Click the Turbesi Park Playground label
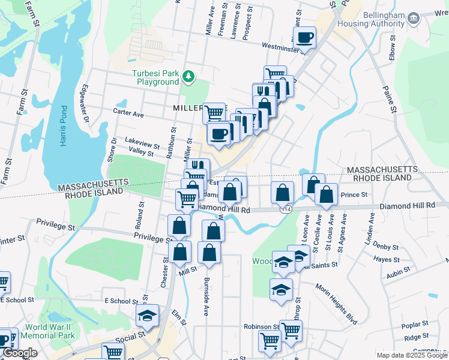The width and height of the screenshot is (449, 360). [x=155, y=77]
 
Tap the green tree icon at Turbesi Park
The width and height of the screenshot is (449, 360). [x=189, y=76]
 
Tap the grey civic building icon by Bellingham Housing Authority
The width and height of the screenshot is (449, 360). [x=413, y=18]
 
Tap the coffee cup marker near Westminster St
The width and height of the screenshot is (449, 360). [x=305, y=38]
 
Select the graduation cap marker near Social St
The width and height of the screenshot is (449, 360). [x=147, y=314]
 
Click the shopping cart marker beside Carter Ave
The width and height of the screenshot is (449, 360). [x=214, y=112]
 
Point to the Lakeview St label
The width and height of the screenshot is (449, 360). [x=142, y=145]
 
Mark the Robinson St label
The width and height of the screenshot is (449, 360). [x=261, y=327]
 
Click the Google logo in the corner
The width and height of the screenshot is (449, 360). [x=19, y=353]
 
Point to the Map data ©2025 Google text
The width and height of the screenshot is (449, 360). [x=412, y=355]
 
